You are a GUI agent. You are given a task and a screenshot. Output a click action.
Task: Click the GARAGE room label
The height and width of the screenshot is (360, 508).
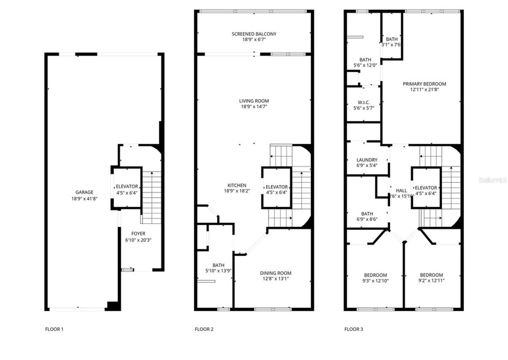(x=84, y=192)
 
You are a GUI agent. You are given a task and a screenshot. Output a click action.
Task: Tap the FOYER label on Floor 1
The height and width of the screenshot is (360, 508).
(x=138, y=233)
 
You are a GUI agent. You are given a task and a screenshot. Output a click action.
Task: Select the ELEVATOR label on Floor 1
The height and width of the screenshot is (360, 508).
(x=126, y=186)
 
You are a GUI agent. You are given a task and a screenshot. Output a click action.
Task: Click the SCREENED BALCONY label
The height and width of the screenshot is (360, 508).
(x=254, y=34)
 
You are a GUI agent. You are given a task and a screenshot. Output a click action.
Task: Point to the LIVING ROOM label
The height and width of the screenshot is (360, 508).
(x=254, y=101)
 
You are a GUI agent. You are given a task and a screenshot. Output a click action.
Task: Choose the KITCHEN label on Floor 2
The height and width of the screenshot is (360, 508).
(x=236, y=185)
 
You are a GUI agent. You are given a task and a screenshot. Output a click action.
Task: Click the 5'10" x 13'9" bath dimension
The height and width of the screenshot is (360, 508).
(x=218, y=270)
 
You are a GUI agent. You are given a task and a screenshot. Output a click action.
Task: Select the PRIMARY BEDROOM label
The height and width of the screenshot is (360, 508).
(x=423, y=83)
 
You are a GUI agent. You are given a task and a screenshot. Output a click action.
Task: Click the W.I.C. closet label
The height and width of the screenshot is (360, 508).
(x=363, y=102)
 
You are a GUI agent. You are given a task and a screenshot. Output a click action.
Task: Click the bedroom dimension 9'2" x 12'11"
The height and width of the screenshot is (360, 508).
(x=432, y=281)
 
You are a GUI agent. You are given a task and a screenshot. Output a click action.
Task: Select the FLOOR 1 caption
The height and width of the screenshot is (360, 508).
(x=54, y=329)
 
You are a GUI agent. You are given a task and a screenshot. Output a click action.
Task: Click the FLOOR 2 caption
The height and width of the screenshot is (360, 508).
(x=204, y=329)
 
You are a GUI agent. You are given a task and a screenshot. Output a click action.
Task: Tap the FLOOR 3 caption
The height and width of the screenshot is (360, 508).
(x=354, y=329)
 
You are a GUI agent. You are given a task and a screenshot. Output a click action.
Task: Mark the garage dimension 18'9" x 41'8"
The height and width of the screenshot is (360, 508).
(x=84, y=198)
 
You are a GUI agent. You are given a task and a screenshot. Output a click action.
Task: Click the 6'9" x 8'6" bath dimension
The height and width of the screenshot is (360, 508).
(x=367, y=219)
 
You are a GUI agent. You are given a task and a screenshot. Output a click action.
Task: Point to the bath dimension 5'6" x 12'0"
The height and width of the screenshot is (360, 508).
(x=365, y=65)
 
